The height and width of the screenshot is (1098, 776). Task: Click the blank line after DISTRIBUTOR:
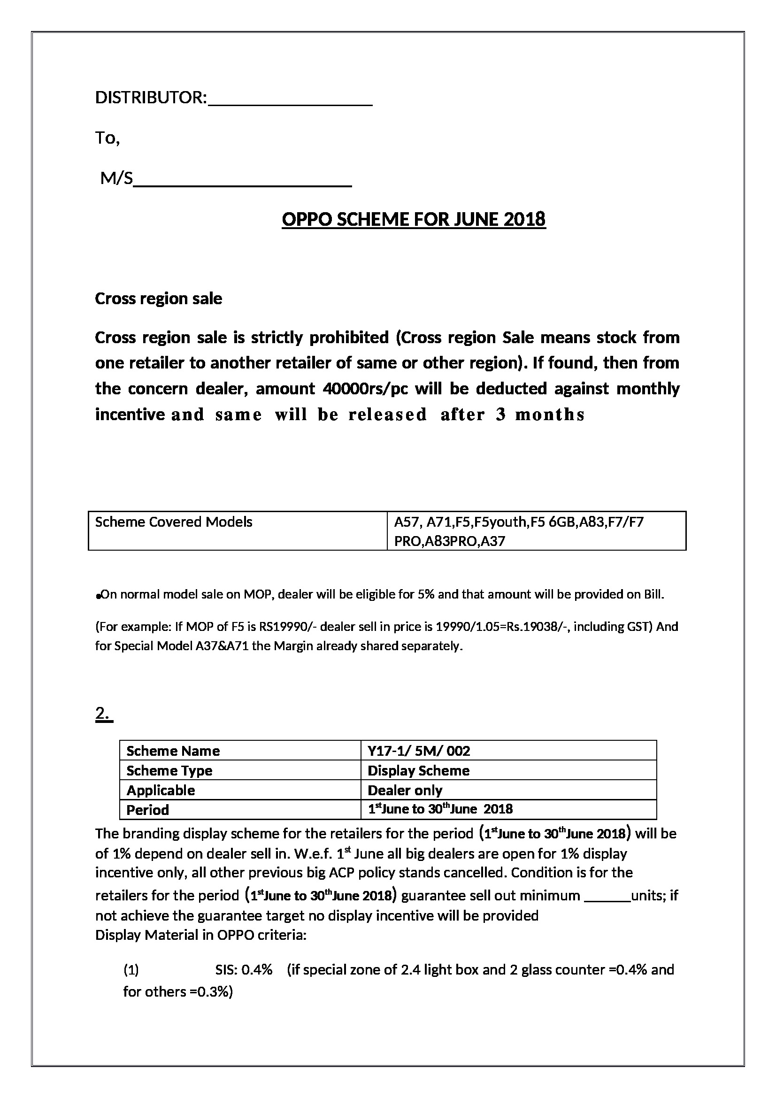coord(291,101)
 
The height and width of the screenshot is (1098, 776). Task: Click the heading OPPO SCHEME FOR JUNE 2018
coord(414,220)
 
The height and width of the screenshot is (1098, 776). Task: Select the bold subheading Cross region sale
coord(158,299)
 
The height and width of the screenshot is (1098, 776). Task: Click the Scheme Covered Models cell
coord(174,522)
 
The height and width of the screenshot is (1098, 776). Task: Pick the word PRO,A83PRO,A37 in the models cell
coord(449,541)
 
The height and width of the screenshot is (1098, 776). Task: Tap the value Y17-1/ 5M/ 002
coord(419,751)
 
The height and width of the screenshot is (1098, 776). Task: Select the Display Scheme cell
coord(418,770)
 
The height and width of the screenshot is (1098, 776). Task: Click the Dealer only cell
coord(405,790)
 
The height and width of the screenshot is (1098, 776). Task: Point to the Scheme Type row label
coord(169,770)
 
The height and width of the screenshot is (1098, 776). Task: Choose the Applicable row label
coord(161,790)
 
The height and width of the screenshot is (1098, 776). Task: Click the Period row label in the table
coord(148,810)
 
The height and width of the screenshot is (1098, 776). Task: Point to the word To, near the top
coord(108,138)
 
